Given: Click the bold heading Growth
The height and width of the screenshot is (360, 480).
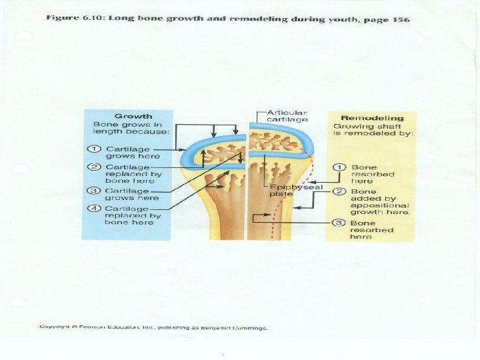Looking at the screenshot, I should click(x=133, y=116).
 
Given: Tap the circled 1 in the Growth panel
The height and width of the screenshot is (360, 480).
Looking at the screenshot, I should click(x=97, y=149).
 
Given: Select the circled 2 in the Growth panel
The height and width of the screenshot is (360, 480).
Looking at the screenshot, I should click(x=97, y=166).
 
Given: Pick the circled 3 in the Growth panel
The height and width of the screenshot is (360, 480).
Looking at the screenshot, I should click(x=97, y=191).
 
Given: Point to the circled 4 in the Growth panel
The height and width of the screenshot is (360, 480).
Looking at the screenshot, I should click(x=97, y=208).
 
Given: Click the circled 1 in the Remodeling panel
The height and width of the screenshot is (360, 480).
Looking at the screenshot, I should click(x=339, y=167).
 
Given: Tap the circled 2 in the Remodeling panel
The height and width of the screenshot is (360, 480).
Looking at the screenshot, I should click(x=339, y=191).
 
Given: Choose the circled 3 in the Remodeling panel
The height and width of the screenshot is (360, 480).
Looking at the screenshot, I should click(x=339, y=223).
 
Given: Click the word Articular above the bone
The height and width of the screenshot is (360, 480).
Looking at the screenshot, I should click(x=287, y=113).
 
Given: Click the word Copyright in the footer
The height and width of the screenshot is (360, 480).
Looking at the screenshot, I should click(x=56, y=328).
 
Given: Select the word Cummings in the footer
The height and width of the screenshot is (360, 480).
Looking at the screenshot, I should click(x=249, y=328).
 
